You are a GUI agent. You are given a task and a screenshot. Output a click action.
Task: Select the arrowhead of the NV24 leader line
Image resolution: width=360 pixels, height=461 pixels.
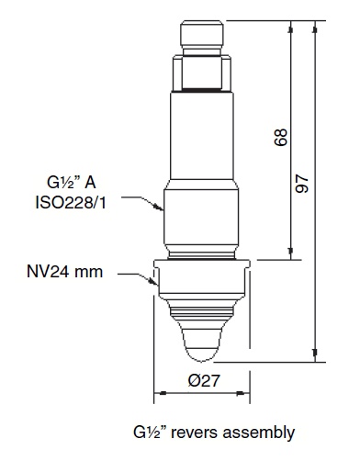152,288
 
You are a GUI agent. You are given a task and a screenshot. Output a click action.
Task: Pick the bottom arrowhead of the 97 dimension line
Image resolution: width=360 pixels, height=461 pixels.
318,357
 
